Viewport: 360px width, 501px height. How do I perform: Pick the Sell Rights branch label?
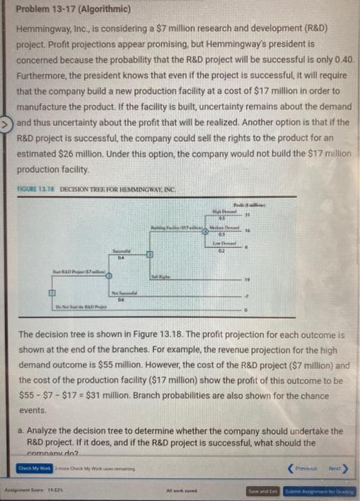160,276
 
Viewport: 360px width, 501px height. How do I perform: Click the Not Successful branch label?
124,292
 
